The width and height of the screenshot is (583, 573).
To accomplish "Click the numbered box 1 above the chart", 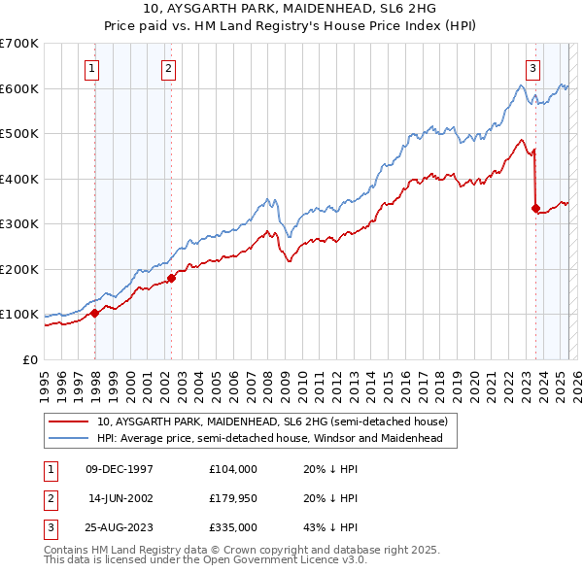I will (90, 68).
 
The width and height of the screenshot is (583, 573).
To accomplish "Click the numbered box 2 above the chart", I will (168, 68).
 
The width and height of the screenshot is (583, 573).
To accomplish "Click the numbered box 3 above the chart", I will (533, 68).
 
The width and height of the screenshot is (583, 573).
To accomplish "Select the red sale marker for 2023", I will (535, 208).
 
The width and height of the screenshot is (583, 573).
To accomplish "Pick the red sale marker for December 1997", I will (95, 313).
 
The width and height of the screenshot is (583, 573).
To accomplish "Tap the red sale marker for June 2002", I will (172, 278).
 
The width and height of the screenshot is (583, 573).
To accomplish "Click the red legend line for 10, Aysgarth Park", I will (69, 422).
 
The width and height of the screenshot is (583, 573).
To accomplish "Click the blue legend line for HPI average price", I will (69, 439).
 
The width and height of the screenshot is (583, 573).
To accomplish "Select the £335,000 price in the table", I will (232, 529).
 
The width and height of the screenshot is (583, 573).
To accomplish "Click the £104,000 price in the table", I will (232, 469).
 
